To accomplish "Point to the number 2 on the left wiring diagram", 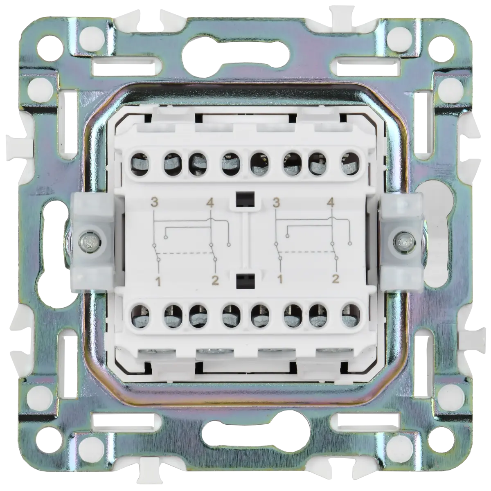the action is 215,281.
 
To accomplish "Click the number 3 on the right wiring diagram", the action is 276,203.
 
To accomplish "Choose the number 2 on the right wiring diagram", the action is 336,279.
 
